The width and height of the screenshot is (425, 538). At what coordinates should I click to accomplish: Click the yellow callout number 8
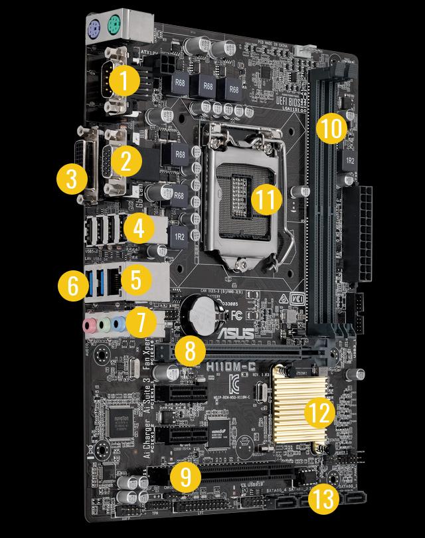pos(190,351)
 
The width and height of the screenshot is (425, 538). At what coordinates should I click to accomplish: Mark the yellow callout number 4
pos(137,228)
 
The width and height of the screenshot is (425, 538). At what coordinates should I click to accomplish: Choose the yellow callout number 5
pos(135,279)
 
